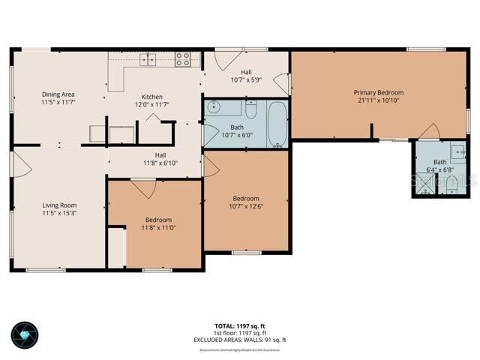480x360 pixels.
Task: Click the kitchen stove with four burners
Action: [x=183, y=58]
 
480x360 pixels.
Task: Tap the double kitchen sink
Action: [x=148, y=58]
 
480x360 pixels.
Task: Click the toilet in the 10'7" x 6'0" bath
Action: [x=251, y=110]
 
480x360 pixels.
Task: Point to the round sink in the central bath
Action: [x=214, y=106]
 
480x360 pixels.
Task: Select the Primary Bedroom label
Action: [x=378, y=92]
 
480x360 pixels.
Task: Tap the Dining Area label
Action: [x=58, y=94]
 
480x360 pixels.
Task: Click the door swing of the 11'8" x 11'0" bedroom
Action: [x=142, y=187]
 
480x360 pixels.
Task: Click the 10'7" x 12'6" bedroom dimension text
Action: [x=246, y=206]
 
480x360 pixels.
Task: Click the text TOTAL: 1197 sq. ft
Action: [x=239, y=325]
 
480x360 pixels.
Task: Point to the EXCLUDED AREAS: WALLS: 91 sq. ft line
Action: [x=239, y=340]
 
